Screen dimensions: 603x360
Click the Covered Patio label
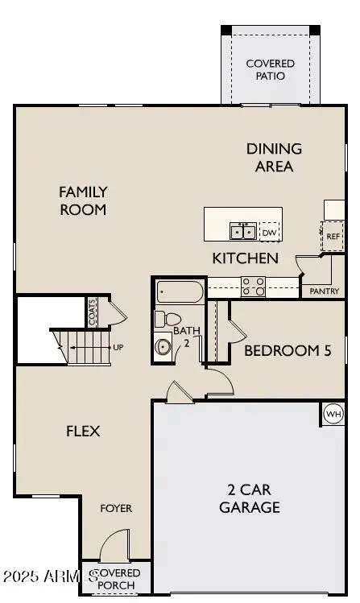(270, 69)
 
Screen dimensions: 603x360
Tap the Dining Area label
(274, 158)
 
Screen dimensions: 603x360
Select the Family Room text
(83, 200)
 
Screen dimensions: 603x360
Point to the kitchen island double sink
(242, 232)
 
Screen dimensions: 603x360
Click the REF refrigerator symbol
(333, 237)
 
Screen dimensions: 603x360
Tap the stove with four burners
(254, 285)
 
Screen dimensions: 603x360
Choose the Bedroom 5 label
(287, 350)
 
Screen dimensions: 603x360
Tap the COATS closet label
(93, 312)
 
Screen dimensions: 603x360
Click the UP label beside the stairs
(118, 348)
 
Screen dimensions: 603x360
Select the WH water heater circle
(333, 414)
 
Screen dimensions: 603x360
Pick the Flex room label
(83, 431)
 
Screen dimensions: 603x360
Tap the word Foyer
(116, 508)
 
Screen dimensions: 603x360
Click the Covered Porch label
(119, 577)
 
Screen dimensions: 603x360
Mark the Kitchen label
(246, 258)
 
